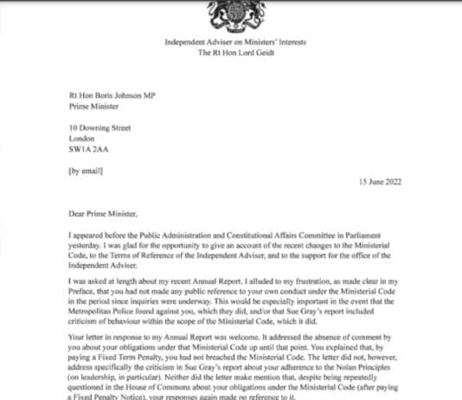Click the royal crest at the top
tap(230, 12)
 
